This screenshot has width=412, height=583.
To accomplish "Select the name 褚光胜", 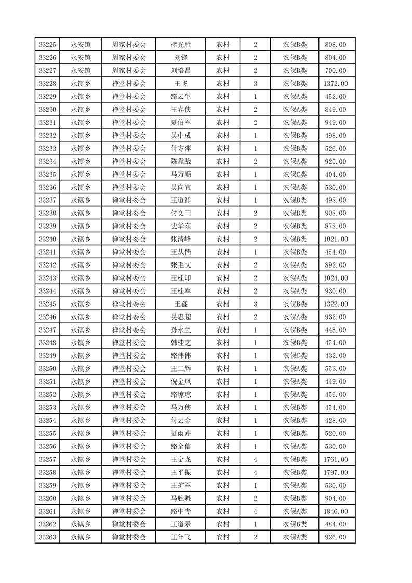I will (180, 45).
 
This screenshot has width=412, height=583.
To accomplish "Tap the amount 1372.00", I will (335, 84).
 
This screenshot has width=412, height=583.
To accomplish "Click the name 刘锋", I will (180, 58).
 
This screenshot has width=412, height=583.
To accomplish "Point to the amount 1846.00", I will (335, 512).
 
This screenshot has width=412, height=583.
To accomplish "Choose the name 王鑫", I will (180, 304).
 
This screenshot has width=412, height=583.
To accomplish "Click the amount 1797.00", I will (335, 473).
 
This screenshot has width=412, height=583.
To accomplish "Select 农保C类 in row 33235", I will (295, 175).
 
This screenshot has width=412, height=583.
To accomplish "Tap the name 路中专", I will (180, 512).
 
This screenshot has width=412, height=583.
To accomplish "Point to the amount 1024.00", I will (335, 278).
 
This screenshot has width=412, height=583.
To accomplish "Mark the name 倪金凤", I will (180, 382).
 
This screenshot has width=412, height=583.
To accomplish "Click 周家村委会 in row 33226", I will (129, 58).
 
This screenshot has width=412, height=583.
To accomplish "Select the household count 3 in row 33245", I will (255, 304).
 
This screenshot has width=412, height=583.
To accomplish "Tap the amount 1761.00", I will (335, 460).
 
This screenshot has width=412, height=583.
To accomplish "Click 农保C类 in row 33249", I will (295, 356).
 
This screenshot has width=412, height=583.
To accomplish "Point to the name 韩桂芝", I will (180, 343).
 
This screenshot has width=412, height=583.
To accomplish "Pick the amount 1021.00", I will (335, 239).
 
